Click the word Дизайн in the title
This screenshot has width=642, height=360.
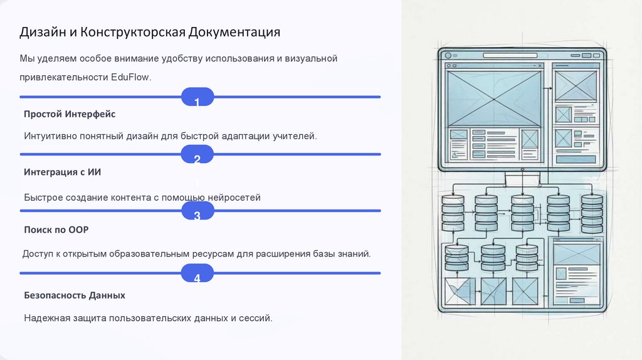click(x=41, y=32)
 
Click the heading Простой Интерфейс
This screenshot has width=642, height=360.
click(x=70, y=114)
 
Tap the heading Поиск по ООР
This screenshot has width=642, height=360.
click(x=56, y=230)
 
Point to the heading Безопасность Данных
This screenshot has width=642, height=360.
click(x=75, y=295)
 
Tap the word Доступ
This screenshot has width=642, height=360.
click(x=39, y=254)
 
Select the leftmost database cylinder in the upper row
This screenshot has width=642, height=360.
click(x=453, y=213)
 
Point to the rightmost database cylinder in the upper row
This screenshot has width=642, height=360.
click(x=592, y=213)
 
